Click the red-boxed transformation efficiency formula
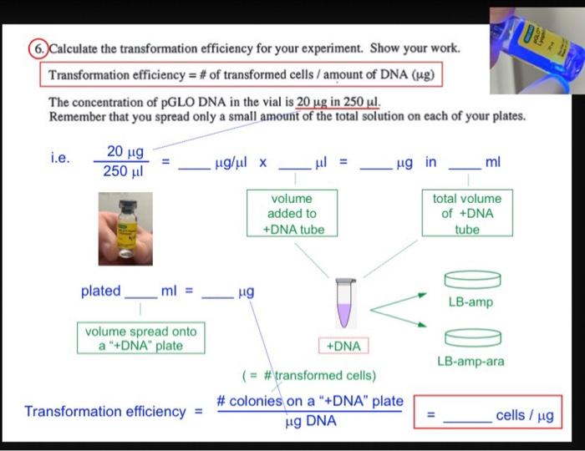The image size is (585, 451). (x=240, y=74)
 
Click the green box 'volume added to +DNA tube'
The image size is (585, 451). (x=292, y=214)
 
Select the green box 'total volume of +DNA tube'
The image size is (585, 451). (x=467, y=214)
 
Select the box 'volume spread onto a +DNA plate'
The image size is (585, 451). (x=140, y=338)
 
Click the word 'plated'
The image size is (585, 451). (x=100, y=291)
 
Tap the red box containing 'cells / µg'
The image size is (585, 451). (x=487, y=414)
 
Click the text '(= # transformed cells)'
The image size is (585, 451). (x=309, y=375)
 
